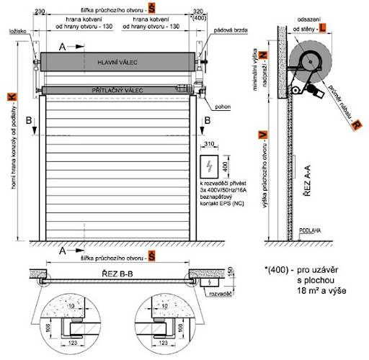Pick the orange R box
pos(356,124)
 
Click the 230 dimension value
pos(40,11)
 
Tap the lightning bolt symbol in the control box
pos(210,166)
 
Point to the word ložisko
pos(19,33)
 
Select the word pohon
pos(222,103)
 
